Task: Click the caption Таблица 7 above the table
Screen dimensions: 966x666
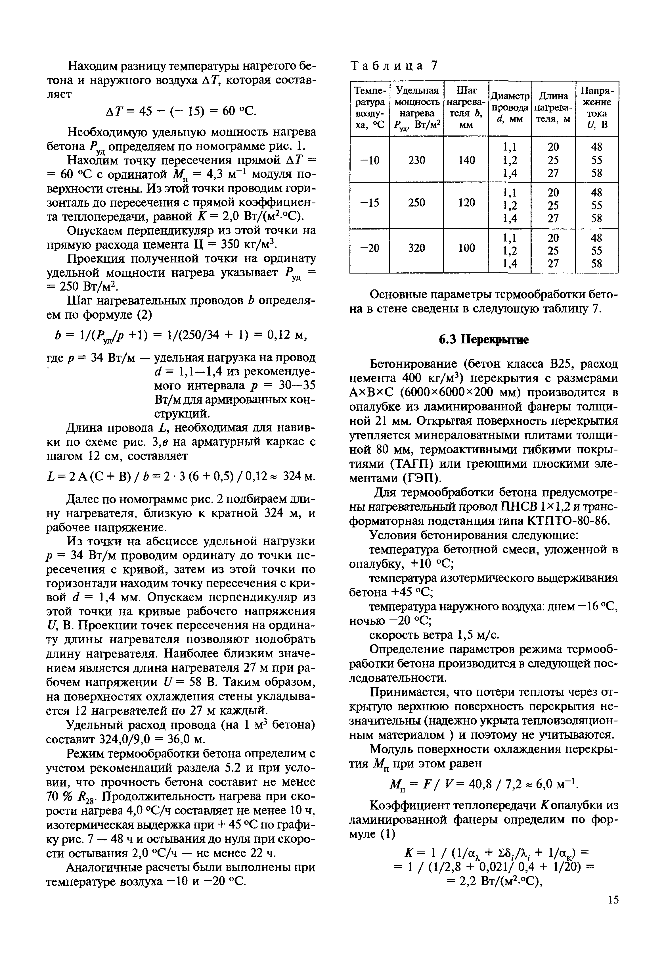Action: [394, 66]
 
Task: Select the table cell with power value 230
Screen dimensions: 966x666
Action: [416, 160]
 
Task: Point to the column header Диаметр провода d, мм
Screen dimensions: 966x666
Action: [510, 108]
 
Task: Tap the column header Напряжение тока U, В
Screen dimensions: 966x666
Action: [596, 108]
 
